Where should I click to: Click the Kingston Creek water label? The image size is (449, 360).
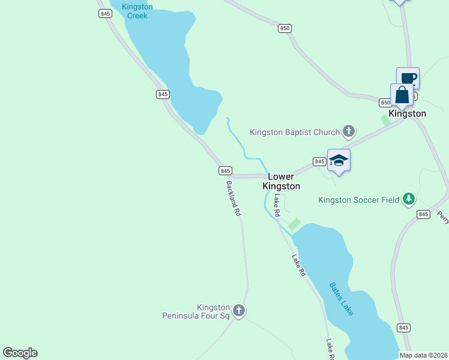click(x=137, y=11)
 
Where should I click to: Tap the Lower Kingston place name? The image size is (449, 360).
click(x=281, y=181)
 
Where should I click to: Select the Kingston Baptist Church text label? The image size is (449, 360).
click(x=294, y=131)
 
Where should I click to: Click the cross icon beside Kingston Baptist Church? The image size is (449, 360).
click(x=348, y=131)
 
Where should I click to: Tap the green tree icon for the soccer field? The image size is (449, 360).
click(x=409, y=199)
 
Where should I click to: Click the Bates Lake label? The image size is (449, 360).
click(x=342, y=299)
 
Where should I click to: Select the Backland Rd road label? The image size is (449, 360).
click(x=234, y=199)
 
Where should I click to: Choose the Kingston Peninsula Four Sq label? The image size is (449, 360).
click(x=196, y=311)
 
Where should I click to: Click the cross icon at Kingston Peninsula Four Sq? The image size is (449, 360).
click(x=239, y=311)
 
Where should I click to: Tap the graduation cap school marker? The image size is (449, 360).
click(x=339, y=160)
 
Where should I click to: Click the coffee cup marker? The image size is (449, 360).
click(x=408, y=78)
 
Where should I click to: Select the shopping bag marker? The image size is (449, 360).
click(x=402, y=95)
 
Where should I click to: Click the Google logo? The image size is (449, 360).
click(x=20, y=353)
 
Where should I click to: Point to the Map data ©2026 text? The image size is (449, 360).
click(x=423, y=355)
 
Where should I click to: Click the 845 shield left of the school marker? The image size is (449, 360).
click(x=319, y=161)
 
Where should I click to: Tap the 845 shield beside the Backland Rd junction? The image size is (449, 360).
click(x=225, y=171)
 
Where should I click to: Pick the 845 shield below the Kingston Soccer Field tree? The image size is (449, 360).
click(x=423, y=214)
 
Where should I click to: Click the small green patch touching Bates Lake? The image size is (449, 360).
click(x=294, y=224)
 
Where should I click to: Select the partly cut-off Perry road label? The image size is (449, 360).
click(x=444, y=217)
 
